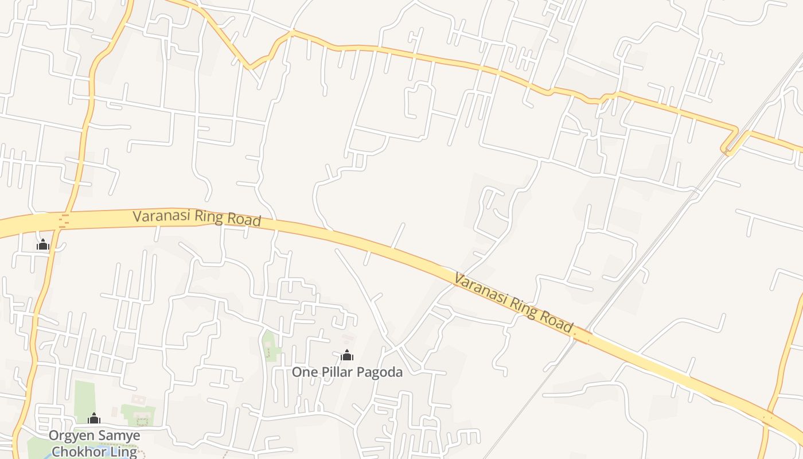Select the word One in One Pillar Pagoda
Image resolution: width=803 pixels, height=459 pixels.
pyautogui.click(x=304, y=372)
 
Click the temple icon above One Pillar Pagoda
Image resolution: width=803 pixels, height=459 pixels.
pyautogui.click(x=346, y=356)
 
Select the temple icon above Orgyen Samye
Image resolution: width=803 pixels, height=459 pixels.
pyautogui.click(x=93, y=418)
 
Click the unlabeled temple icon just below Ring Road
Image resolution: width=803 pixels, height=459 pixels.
pyautogui.click(x=43, y=245)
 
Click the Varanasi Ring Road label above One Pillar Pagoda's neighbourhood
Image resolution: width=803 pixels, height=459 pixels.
pyautogui.click(x=197, y=217)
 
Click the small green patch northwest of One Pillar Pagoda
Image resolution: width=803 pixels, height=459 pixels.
pyautogui.click(x=268, y=345)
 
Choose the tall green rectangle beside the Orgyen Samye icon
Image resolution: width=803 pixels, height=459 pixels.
pyautogui.click(x=84, y=399)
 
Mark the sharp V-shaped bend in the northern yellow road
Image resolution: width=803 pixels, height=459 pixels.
pyautogui.click(x=250, y=68)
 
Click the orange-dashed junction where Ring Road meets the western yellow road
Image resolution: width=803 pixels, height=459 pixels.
pyautogui.click(x=63, y=221)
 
